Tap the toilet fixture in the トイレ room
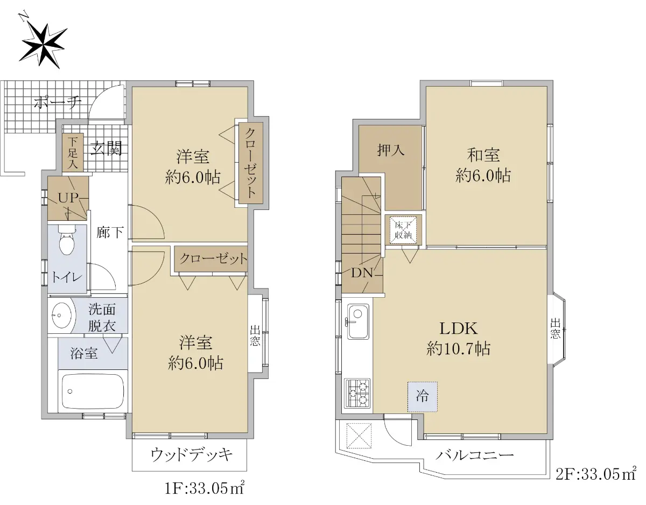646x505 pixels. pos(66,240)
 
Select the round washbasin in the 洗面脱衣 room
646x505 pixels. pos(61,315)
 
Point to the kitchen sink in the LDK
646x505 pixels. pos(358,321)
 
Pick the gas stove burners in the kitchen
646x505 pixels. pos(357,394)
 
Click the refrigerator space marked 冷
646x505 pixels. pos(422,396)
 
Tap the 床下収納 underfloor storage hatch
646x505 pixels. pos(403,230)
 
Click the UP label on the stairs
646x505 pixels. pos(68,198)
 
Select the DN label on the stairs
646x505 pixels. pos(362,272)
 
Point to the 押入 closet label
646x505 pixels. pos(391,150)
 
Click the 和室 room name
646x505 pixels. pos(483,155)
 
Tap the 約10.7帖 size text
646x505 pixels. pos(458,349)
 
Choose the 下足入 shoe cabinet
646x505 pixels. pos(73,152)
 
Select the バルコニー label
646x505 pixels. pos(474,455)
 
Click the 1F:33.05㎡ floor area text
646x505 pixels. pos(205,489)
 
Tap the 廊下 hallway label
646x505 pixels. pos(110,233)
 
